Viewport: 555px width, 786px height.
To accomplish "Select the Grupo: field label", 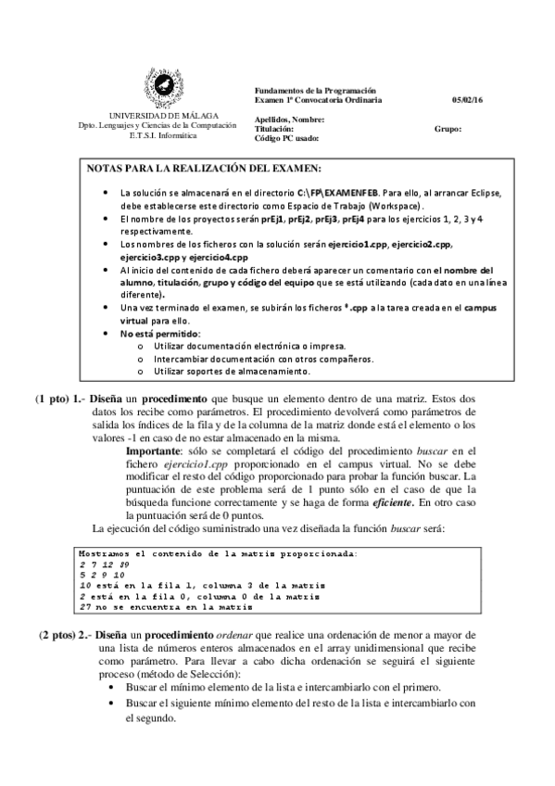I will pos(448,129).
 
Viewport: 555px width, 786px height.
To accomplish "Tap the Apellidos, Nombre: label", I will pos(289,120).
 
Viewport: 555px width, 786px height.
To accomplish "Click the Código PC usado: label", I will pos(287,138).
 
